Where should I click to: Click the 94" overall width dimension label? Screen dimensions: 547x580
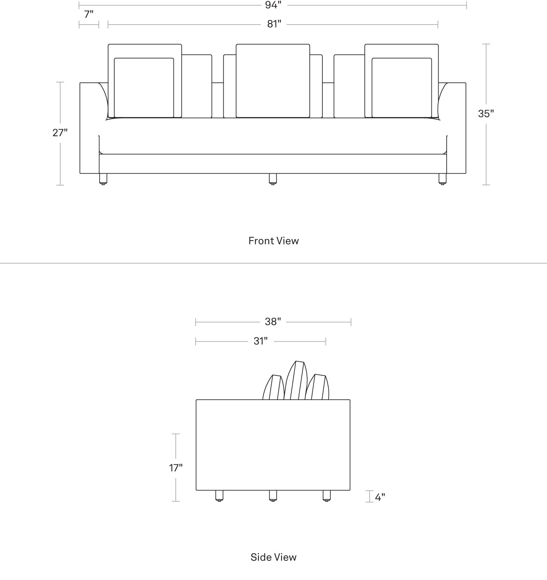coord(273,5)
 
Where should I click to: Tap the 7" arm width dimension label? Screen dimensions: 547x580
coord(89,14)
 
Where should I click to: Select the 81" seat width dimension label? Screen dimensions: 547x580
coord(274,24)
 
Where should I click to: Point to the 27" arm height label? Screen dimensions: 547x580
coord(60,133)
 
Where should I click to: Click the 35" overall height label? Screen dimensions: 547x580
coord(486,114)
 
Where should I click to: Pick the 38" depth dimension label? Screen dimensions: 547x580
coord(273,322)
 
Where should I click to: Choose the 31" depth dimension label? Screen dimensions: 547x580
coord(261,341)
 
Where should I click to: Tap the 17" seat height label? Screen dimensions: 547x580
coord(176,467)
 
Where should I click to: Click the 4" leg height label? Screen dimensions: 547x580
coord(380,497)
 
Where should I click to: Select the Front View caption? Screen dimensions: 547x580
coord(273,241)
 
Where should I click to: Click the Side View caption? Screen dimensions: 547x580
coord(273,557)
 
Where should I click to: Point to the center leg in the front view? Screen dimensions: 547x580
coord(273,179)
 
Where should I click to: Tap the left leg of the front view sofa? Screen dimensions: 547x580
coord(103,179)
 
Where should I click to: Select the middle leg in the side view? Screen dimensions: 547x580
coord(273,496)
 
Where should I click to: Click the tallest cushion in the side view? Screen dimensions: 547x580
coord(295,380)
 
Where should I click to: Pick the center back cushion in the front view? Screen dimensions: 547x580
coord(273,81)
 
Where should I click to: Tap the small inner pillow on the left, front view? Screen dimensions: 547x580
coord(144,88)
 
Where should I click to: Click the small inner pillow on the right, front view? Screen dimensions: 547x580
coord(402,88)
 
